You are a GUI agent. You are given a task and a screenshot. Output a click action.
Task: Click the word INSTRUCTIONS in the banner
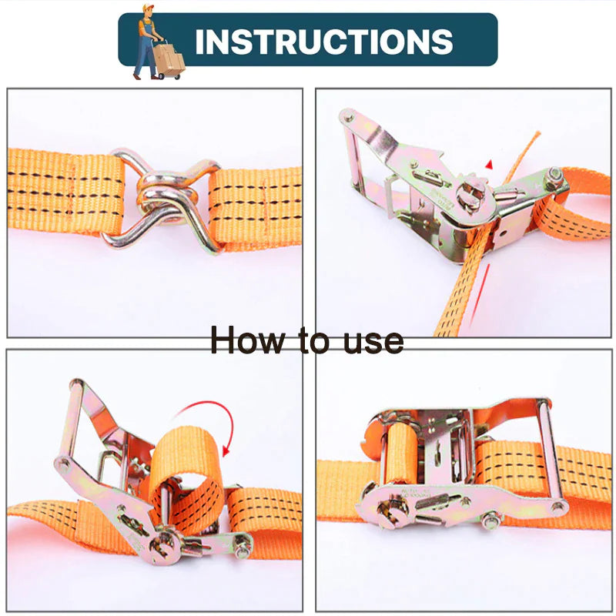pyautogui.click(x=323, y=42)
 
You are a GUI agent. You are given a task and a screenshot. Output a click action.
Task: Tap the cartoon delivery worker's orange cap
pyautogui.click(x=148, y=8)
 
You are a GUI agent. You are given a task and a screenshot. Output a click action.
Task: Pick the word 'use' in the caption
pyautogui.click(x=373, y=343)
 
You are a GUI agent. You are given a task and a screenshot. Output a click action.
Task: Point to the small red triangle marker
pyautogui.click(x=489, y=165)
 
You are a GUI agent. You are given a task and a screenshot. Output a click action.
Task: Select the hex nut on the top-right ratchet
pyautogui.click(x=554, y=174)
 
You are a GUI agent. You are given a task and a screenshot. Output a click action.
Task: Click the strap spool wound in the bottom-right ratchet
pyautogui.click(x=402, y=452)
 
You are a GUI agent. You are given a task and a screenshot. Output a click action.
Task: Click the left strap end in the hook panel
pyautogui.click(x=65, y=192)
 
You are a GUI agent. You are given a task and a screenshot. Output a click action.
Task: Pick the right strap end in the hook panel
pyautogui.click(x=256, y=209)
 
